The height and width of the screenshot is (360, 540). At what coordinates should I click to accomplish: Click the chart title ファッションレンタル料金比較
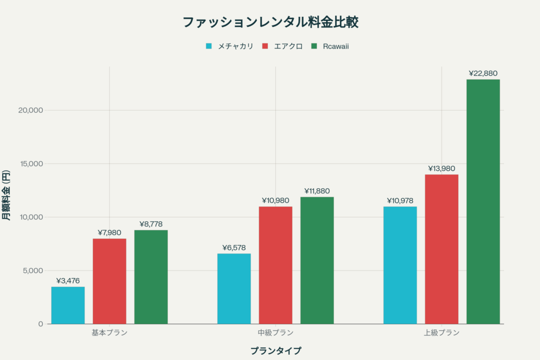pyautogui.click(x=270, y=22)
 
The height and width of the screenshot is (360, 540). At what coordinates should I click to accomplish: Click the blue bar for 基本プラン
pyautogui.click(x=68, y=305)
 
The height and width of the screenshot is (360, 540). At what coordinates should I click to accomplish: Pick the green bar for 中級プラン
pyautogui.click(x=317, y=260)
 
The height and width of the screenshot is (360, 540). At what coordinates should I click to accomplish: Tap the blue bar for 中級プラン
pyautogui.click(x=234, y=288)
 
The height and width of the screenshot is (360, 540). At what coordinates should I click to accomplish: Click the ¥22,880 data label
pyautogui.click(x=483, y=73)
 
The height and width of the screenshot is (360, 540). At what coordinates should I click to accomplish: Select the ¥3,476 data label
pyautogui.click(x=68, y=280)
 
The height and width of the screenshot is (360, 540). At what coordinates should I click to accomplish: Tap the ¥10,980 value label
pyautogui.click(x=276, y=200)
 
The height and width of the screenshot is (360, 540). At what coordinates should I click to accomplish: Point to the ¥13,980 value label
pyautogui.click(x=441, y=168)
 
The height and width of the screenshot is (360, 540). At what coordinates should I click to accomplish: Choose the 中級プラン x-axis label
pyautogui.click(x=276, y=333)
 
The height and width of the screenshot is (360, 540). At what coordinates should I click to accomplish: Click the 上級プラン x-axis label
pyautogui.click(x=441, y=333)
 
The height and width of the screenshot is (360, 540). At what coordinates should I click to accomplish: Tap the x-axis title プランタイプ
pyautogui.click(x=276, y=351)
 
